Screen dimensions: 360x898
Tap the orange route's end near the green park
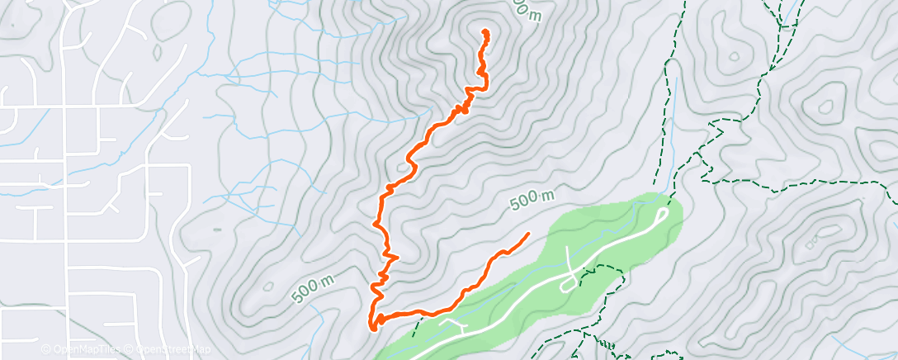[x=527, y=235]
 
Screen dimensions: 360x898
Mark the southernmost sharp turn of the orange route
[x=373, y=328]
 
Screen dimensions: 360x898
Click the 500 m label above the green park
[x=532, y=199]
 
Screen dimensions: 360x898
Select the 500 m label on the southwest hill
[x=313, y=287]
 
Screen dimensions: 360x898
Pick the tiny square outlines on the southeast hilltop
[x=813, y=242]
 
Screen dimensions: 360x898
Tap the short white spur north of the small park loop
[x=570, y=260]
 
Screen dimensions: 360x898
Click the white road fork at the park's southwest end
[x=453, y=324]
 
